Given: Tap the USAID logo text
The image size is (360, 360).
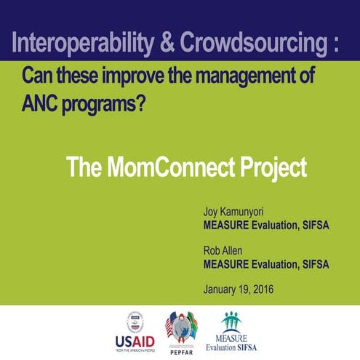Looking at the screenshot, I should click(135, 340).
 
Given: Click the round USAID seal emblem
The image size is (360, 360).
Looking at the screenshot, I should click(134, 321).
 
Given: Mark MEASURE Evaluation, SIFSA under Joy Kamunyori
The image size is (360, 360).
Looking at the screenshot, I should click(266, 225).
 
